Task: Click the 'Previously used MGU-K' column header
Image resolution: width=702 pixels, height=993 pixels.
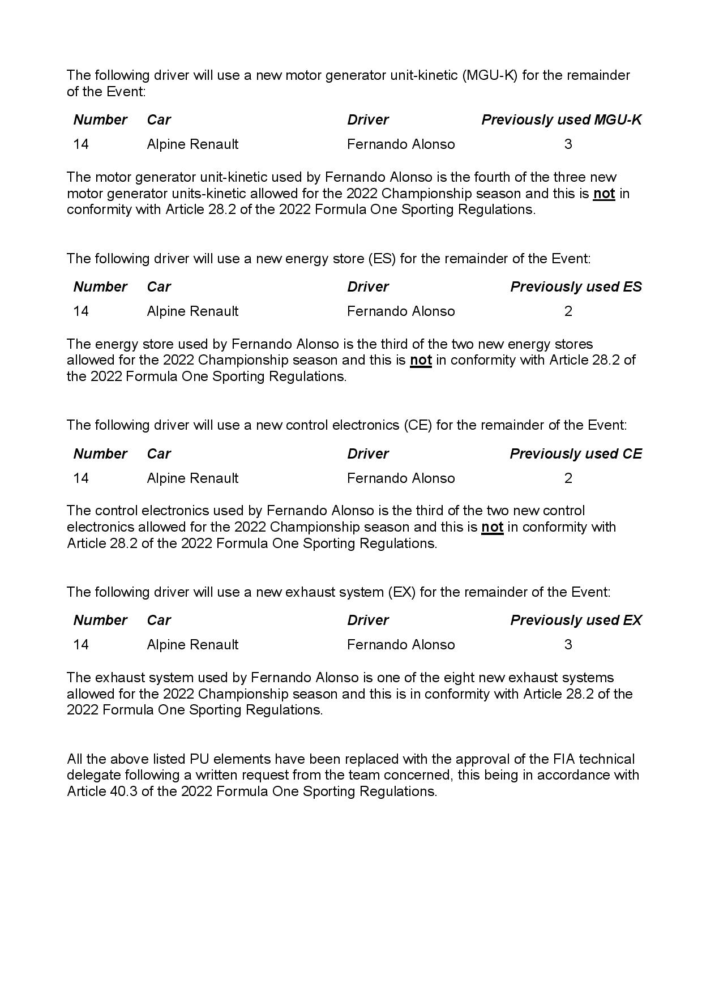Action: point(561,120)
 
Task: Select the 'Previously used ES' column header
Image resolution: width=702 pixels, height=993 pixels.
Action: point(576,287)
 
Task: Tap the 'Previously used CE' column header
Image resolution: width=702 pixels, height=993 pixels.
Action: point(576,454)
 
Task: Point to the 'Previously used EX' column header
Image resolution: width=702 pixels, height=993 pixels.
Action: point(576,620)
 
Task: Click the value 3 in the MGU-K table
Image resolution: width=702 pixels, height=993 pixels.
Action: point(568,144)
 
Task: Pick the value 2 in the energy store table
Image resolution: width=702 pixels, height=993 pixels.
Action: point(568,311)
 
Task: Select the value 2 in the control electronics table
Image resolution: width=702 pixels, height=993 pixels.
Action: point(568,478)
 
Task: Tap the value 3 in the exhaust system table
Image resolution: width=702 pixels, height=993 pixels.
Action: point(568,645)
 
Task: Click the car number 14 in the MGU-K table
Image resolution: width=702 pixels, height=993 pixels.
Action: point(81,144)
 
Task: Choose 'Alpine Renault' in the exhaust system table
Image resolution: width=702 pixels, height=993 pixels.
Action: point(192,645)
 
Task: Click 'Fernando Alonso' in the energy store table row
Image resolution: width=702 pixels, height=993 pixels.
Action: point(401,311)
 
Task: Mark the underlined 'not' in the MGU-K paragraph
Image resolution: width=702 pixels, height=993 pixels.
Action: point(604,194)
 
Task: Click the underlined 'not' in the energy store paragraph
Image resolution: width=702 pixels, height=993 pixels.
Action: point(421,361)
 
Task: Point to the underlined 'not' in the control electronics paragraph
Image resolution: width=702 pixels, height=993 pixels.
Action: point(492,527)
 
